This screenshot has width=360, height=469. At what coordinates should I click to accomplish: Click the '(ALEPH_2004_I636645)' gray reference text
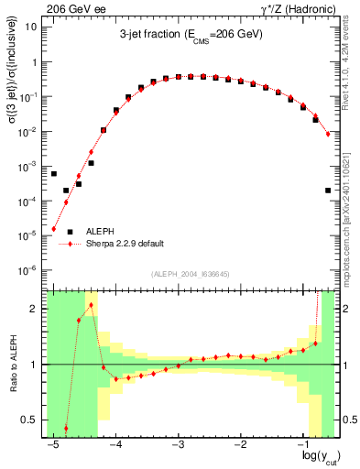click(191, 274)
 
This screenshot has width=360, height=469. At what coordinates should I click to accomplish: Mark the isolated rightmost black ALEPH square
click(328, 191)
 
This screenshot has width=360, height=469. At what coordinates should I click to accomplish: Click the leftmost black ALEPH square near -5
click(54, 173)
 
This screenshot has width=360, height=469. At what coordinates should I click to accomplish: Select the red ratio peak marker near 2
click(92, 305)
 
